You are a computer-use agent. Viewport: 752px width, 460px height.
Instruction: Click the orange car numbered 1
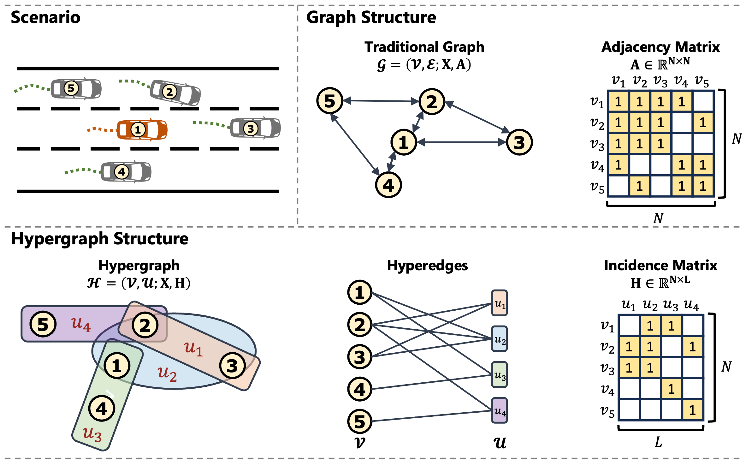point(142,129)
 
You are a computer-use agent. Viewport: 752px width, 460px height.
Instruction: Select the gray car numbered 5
point(76,88)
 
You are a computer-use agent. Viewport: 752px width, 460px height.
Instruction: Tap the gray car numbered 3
point(255,128)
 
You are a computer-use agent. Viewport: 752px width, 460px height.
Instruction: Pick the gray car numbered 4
point(126,172)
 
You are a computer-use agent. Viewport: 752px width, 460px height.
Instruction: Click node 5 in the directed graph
point(330,101)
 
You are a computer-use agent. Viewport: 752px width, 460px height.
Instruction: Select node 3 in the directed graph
point(519,142)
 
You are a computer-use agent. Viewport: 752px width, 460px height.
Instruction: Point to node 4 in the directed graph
point(388,185)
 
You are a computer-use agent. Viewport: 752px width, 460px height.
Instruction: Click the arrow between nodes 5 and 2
point(381,101)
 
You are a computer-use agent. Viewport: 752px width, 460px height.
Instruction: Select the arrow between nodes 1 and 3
point(462,142)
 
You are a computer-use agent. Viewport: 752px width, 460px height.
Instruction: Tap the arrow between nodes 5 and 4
point(355,145)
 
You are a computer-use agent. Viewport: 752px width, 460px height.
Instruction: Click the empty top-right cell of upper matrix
point(703,101)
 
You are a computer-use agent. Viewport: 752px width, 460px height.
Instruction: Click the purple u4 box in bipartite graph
point(500,410)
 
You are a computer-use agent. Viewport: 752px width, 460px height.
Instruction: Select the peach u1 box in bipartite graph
point(500,303)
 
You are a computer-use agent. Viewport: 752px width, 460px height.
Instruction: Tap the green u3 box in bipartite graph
point(500,375)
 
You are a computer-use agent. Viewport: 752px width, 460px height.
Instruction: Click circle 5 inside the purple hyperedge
point(43,324)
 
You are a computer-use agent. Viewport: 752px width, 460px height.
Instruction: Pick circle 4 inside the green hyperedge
point(102,409)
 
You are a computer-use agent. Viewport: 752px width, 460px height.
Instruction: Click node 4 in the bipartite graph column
point(360,389)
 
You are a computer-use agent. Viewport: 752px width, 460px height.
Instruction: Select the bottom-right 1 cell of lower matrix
point(692,410)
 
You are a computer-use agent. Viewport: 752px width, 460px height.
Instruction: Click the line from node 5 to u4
point(431,416)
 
